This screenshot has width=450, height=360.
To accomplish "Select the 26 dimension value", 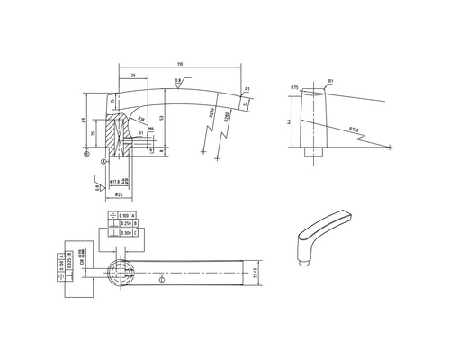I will click(x=133, y=76).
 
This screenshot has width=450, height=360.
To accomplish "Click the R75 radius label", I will click(x=295, y=86).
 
